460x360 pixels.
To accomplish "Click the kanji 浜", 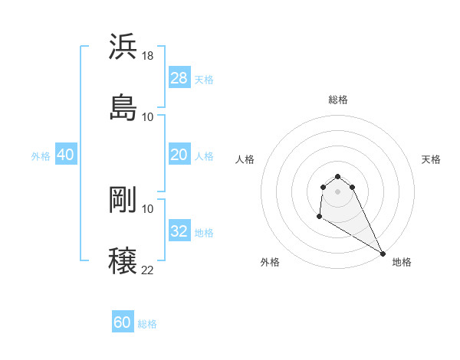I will coord(123,46).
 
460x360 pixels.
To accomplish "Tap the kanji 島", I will coord(123,106).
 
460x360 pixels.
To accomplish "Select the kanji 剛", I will coord(123,200).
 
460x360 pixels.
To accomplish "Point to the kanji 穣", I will coord(123,260).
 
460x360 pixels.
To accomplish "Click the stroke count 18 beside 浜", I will coord(148,56).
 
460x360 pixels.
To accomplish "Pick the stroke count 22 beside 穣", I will coord(148,270).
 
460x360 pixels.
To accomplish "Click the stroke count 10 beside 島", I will coord(148,116).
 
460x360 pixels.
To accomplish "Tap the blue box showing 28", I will coord(179,78).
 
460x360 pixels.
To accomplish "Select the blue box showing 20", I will coord(179,155).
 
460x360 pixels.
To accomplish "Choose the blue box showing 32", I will coord(179,231).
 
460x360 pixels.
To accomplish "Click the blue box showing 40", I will coord(65,155).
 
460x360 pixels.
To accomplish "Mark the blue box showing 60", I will coord(123,322).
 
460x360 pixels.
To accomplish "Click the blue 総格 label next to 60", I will coord(148,324).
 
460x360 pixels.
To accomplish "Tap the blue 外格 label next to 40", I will coord(41,156).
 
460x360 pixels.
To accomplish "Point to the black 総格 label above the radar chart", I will coord(338,100).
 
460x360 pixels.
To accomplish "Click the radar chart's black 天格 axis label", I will coord(432,159).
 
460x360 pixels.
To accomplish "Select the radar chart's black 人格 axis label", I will coord(245,159).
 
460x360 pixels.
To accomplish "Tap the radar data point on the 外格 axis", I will coord(319,217).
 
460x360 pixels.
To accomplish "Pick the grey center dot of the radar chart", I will coord(338,191).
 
